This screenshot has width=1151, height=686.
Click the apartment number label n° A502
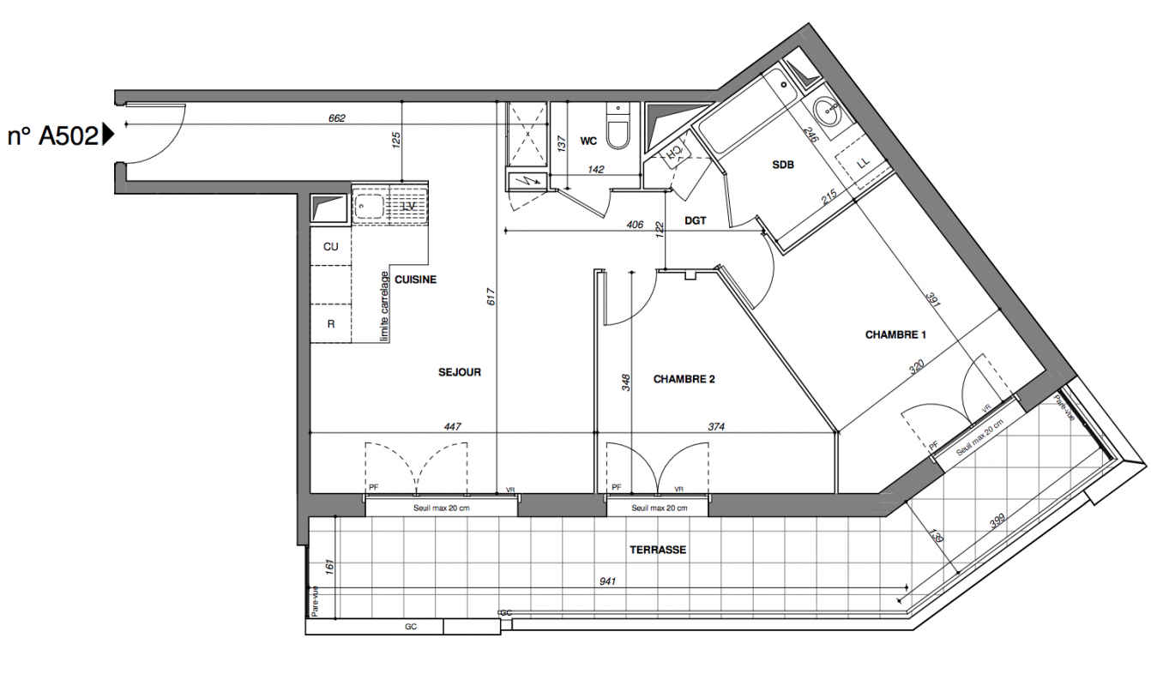pyautogui.click(x=53, y=136)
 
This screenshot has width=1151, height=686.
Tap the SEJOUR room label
pyautogui.click(x=460, y=372)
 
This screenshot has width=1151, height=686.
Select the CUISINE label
pyautogui.click(x=415, y=280)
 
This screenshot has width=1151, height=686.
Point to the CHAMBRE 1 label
pyautogui.click(x=895, y=335)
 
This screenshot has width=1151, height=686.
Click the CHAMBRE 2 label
pyautogui.click(x=684, y=379)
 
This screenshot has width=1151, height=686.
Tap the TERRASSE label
pyautogui.click(x=658, y=550)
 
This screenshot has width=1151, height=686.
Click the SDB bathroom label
pyautogui.click(x=783, y=165)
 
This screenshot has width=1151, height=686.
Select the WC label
pyautogui.click(x=588, y=141)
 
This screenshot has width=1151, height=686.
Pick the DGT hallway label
pyautogui.click(x=696, y=221)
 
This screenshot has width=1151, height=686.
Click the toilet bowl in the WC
pyautogui.click(x=618, y=135)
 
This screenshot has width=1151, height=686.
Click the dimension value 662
pyautogui.click(x=336, y=118)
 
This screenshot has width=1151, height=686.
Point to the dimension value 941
pyautogui.click(x=607, y=581)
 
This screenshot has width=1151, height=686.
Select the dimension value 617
pyautogui.click(x=491, y=297)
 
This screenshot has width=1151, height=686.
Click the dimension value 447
pyautogui.click(x=452, y=426)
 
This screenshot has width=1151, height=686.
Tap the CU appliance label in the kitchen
pyautogui.click(x=330, y=247)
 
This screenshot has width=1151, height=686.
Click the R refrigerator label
pyautogui.click(x=330, y=324)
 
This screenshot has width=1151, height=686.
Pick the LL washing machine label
pyautogui.click(x=864, y=163)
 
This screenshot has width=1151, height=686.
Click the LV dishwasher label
pyautogui.click(x=408, y=207)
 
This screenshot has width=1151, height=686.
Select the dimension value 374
pyautogui.click(x=716, y=426)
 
